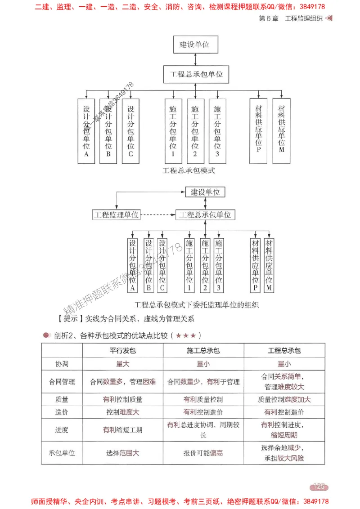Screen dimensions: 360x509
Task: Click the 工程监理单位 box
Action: [x=116, y=215]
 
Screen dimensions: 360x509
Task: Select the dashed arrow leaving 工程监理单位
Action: [x=157, y=215]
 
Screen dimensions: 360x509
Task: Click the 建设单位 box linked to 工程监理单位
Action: [x=205, y=192]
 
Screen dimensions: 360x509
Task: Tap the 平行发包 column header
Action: [x=122, y=351]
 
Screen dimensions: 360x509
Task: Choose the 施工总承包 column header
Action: [x=203, y=351]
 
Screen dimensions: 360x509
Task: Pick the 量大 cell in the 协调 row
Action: [x=122, y=364]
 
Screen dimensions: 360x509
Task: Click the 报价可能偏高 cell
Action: [x=203, y=453]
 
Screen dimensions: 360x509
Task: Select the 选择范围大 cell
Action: [x=122, y=453]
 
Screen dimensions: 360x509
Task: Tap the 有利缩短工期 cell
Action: [x=122, y=430]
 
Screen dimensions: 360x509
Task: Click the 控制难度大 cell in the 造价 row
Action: [x=122, y=412]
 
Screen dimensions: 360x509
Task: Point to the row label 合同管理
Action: [x=62, y=382]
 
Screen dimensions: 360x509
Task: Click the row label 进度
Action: [x=62, y=430]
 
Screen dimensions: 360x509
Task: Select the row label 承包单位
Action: [x=62, y=453]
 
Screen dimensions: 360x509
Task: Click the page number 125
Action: [x=319, y=487]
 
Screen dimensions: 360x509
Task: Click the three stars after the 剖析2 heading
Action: [x=185, y=335]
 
